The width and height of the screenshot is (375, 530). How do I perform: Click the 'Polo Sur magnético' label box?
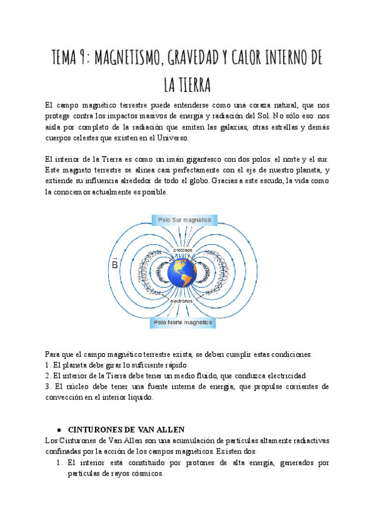pyautogui.click(x=185, y=221)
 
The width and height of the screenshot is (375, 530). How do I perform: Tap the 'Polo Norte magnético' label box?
pyautogui.click(x=184, y=322)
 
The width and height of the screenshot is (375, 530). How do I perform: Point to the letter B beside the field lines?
pyautogui.click(x=115, y=264)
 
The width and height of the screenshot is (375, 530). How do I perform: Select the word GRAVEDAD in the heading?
pyautogui.click(x=194, y=59)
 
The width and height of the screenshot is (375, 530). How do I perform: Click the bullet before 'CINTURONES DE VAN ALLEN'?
pyautogui.click(x=58, y=430)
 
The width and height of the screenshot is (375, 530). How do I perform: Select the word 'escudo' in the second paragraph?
pyautogui.click(x=268, y=181)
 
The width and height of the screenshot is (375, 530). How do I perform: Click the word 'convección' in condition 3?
pyautogui.click(x=67, y=398)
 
